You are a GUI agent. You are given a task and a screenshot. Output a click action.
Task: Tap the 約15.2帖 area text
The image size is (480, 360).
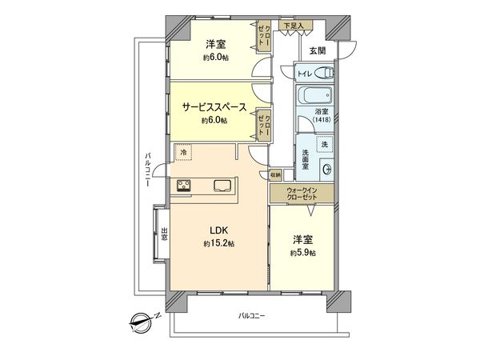[x=218, y=243]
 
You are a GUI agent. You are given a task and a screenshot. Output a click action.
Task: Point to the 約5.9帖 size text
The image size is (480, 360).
[x=302, y=254]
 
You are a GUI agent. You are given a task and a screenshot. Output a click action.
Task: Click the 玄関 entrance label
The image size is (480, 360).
[x=317, y=50]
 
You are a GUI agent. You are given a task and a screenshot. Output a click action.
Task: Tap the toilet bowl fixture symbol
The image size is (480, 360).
[x=323, y=73]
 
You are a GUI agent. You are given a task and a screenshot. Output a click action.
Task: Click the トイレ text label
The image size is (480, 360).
[x=304, y=74]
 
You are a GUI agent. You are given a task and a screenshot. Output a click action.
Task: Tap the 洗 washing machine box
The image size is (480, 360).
[x=325, y=145]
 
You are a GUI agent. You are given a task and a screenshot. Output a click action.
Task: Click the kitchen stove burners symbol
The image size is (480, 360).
[x=184, y=186]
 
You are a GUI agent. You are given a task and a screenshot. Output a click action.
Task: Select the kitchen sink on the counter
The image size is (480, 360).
[x=222, y=186]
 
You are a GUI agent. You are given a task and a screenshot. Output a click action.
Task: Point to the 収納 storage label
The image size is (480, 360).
[x=275, y=173]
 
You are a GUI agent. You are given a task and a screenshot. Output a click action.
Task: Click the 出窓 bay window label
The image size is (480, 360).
[x=163, y=234]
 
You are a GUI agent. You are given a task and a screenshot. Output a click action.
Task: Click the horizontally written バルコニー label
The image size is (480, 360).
[x=252, y=317]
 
